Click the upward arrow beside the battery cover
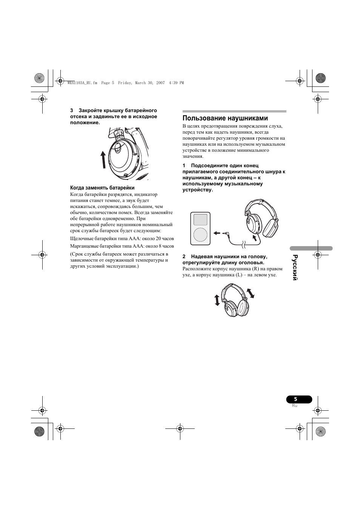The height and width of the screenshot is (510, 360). tap(103, 159)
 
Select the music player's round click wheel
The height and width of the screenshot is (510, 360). tap(200, 234)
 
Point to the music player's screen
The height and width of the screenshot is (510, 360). tap(200, 220)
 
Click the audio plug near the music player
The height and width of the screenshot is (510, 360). tap(227, 234)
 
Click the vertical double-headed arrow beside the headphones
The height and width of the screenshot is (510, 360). tap(217, 300)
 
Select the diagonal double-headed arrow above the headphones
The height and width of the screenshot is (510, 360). tap(250, 293)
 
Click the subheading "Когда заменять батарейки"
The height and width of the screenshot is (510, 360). tap(102, 188)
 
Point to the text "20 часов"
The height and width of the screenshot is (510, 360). tap(165, 239)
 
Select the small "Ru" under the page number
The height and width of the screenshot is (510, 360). tap(295, 406)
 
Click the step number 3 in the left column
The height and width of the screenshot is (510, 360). tap(72, 111)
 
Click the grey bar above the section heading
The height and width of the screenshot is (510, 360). tap(234, 111)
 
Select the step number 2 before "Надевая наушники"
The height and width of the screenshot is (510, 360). tap(184, 257)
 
